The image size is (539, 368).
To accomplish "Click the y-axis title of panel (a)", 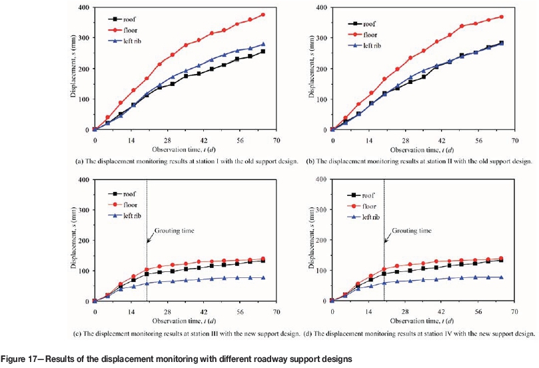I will pyautogui.click(x=75, y=69).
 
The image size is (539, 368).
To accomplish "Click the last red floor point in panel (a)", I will pyautogui.click(x=263, y=15).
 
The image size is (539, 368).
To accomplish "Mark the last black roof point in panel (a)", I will pyautogui.click(x=263, y=51).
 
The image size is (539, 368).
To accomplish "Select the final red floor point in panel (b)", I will pyautogui.click(x=501, y=17).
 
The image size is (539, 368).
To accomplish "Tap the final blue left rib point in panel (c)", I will pyautogui.click(x=263, y=277).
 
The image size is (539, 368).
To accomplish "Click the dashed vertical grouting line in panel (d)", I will pyautogui.click(x=384, y=267).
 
